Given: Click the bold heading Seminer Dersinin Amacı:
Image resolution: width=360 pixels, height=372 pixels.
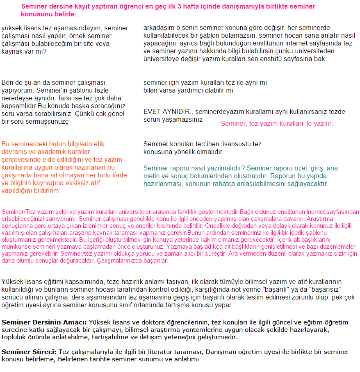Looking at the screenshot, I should (x=44, y=322).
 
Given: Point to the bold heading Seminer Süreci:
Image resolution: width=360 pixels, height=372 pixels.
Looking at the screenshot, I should (x=29, y=352).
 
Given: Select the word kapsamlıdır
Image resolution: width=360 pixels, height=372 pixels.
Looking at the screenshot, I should (x=18, y=105).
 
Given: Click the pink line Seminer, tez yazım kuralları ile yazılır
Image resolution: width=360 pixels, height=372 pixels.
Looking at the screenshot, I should (x=277, y=123).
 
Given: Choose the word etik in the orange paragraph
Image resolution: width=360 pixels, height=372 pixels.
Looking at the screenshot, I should (x=99, y=144).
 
